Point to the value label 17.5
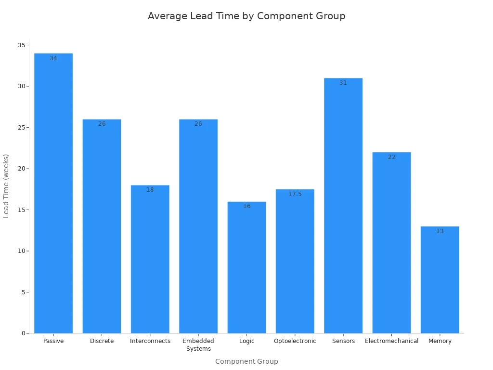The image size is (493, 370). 295,194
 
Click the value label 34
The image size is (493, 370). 53,58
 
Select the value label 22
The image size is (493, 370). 391,157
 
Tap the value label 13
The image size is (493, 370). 440,231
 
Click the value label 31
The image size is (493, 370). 343,83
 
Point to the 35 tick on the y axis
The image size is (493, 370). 22,45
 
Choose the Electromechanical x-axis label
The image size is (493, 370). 391,341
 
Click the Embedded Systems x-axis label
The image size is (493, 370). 198,345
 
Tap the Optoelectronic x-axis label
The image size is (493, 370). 295,341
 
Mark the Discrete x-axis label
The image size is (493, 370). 102,341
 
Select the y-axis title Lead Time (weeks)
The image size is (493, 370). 6,186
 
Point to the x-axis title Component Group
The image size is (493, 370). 246,361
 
